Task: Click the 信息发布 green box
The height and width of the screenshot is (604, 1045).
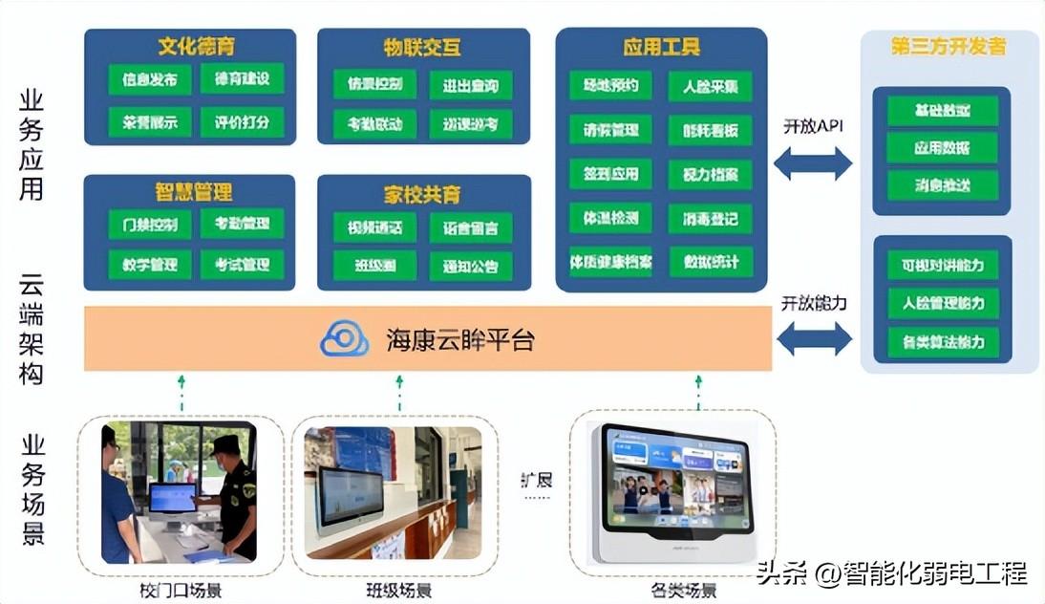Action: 149,79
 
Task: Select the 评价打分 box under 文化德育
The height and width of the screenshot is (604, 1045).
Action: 242,122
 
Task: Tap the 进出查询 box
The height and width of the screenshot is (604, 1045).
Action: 470,85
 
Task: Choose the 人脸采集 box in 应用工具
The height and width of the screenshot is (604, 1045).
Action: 710,86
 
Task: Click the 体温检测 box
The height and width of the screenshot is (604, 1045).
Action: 610,218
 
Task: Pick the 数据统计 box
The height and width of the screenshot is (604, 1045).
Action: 710,261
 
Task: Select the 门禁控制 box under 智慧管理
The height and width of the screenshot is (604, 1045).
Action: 149,224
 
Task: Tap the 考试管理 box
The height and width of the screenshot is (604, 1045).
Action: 242,265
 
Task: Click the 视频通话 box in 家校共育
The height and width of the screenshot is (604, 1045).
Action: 374,227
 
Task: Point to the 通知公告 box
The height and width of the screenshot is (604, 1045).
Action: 470,267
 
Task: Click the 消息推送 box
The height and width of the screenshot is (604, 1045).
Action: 942,185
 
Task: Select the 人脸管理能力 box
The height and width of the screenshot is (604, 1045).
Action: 942,303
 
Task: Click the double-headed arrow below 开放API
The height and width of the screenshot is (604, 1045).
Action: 812,163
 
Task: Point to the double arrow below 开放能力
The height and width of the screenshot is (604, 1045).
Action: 813,338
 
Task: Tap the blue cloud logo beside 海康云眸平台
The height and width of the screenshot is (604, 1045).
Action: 344,339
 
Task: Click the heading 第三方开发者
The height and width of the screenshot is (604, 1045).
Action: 948,46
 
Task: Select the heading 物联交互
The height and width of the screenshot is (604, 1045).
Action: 422,46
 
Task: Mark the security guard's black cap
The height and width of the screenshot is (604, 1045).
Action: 225,443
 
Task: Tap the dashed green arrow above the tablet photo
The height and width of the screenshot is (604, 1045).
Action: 698,392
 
